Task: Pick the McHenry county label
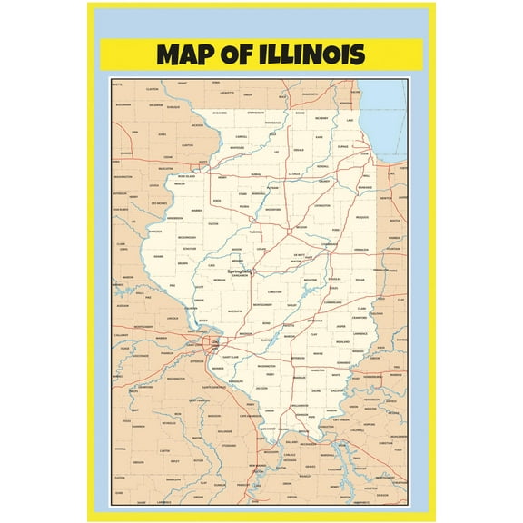click(321, 119)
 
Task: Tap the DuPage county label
click(343, 145)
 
